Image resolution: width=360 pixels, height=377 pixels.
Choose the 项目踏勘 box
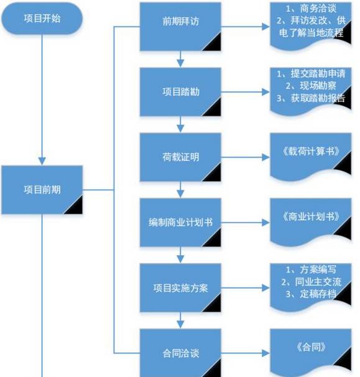coord(180,91)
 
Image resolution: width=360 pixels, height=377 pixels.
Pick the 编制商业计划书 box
coord(180,222)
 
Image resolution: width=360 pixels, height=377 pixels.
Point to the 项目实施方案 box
coord(180,287)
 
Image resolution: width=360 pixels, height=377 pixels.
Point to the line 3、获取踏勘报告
coord(311,98)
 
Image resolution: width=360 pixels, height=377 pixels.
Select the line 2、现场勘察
coord(311,86)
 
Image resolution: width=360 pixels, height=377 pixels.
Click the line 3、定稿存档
coord(311,294)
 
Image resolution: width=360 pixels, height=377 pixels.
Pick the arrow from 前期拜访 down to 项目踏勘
coord(180,59)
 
